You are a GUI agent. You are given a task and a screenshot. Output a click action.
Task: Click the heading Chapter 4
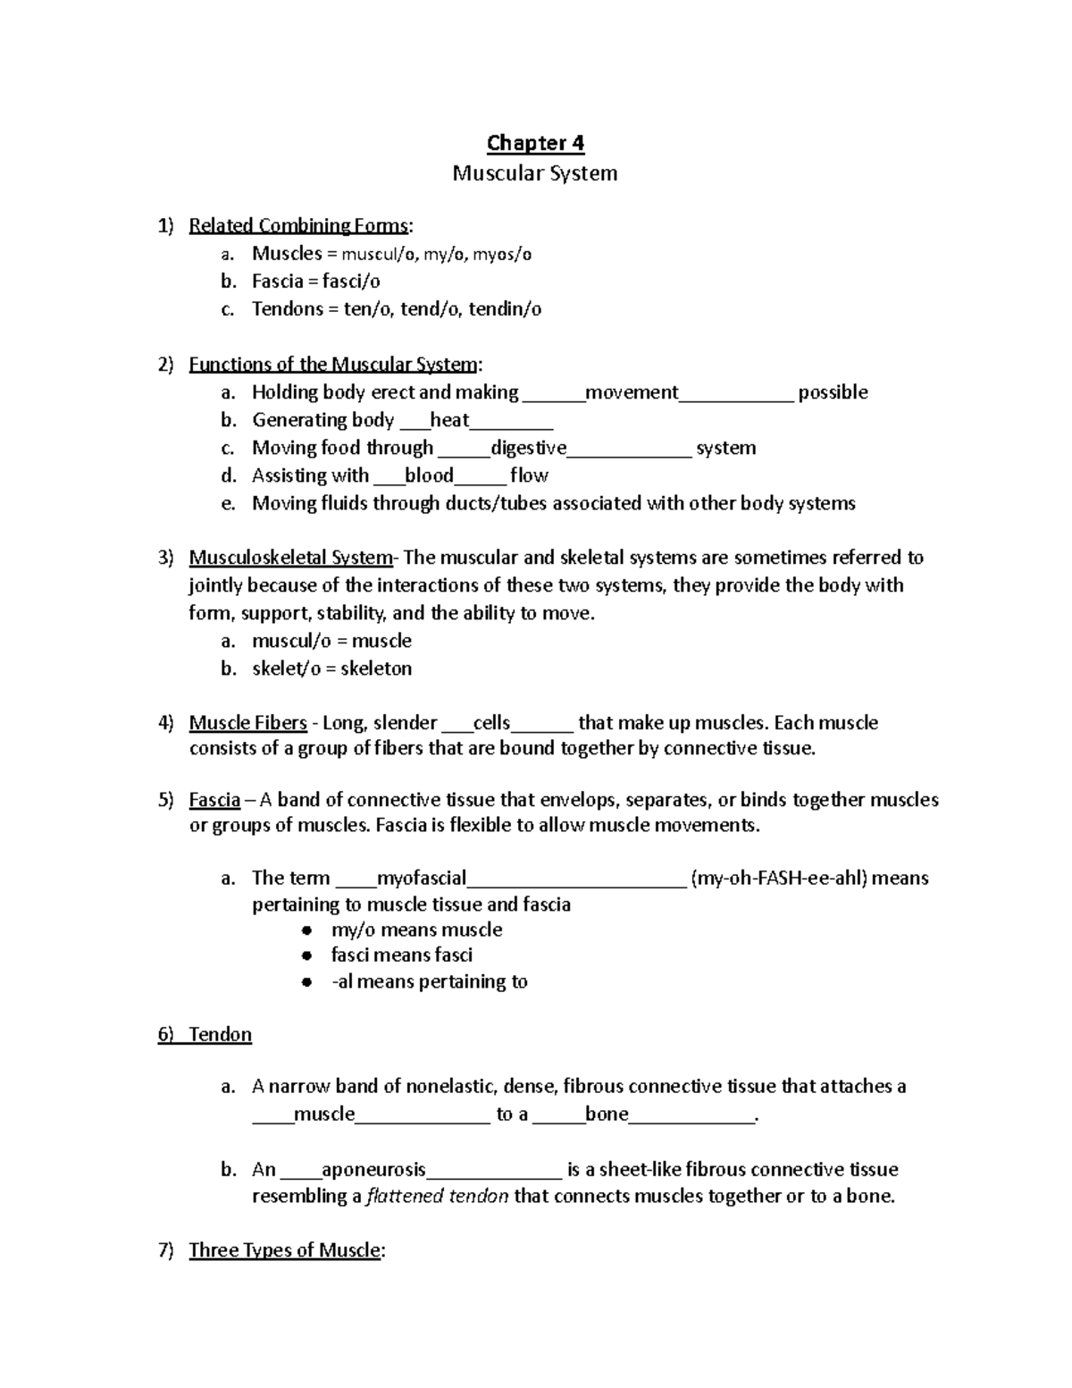point(535,143)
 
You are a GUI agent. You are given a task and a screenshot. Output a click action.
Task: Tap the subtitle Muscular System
point(534,172)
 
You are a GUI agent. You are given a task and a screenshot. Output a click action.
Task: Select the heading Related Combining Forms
point(298,225)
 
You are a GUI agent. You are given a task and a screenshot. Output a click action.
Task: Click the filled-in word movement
point(632,392)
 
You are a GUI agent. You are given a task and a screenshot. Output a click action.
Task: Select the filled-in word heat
point(449,420)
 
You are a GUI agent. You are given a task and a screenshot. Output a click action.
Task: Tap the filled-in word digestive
point(528,448)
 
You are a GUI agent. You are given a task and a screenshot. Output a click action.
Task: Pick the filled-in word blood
point(429,475)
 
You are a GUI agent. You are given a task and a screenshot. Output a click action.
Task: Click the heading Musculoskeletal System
point(290,558)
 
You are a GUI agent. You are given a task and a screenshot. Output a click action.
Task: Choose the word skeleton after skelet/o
point(376,669)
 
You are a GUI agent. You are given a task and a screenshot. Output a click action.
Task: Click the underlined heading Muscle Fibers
point(248,722)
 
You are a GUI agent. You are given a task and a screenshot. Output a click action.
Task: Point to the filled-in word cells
point(491,722)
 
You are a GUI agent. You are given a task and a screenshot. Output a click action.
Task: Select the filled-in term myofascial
point(422,879)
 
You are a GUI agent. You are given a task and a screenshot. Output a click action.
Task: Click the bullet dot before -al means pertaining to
point(306,982)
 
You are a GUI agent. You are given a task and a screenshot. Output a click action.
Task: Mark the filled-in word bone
point(607,1115)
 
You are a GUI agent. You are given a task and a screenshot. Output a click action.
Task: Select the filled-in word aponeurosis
point(373,1170)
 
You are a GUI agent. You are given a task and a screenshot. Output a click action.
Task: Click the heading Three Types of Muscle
point(284,1250)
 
